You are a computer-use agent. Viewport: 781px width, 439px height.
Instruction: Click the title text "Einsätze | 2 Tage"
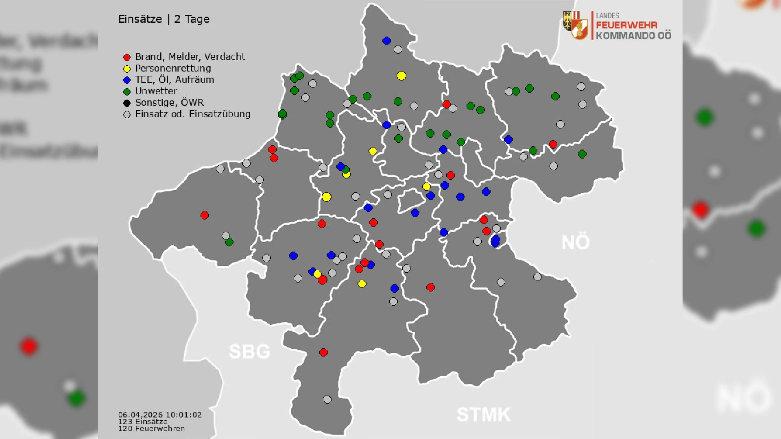pos(164,19)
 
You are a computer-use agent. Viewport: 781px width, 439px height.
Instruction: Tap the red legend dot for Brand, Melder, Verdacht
pos(127,57)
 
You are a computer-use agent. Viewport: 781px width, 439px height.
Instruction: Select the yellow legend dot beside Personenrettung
pos(127,69)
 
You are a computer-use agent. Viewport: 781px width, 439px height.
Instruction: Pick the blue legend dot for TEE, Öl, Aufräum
pos(127,80)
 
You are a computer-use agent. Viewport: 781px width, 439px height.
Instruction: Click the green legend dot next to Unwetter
pos(127,91)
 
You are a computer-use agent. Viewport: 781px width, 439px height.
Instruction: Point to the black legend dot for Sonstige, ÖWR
pos(127,103)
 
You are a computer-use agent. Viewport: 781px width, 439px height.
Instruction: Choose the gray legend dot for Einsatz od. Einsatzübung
pos(127,115)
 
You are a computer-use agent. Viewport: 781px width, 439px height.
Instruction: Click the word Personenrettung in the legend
pos(173,68)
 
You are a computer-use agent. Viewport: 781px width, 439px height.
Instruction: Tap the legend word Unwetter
pos(156,91)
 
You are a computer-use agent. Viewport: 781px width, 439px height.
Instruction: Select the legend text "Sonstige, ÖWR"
pos(169,102)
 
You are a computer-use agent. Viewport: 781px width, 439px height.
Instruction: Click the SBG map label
pos(249,352)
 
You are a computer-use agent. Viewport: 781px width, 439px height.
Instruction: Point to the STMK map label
pos(483,415)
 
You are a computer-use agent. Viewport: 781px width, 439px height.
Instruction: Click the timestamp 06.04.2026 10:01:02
pos(160,415)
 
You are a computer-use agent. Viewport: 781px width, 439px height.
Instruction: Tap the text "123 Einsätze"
pos(143,422)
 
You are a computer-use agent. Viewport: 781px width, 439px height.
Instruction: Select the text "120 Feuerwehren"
pos(151,428)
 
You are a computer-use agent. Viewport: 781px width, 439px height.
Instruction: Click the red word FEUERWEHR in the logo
pos(626,25)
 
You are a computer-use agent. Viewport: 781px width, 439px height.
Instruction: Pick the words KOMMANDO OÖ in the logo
pos(633,36)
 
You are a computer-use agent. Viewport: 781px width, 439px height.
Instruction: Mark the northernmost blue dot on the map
pos(386,41)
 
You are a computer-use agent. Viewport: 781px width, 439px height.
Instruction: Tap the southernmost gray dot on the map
pos(327,399)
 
